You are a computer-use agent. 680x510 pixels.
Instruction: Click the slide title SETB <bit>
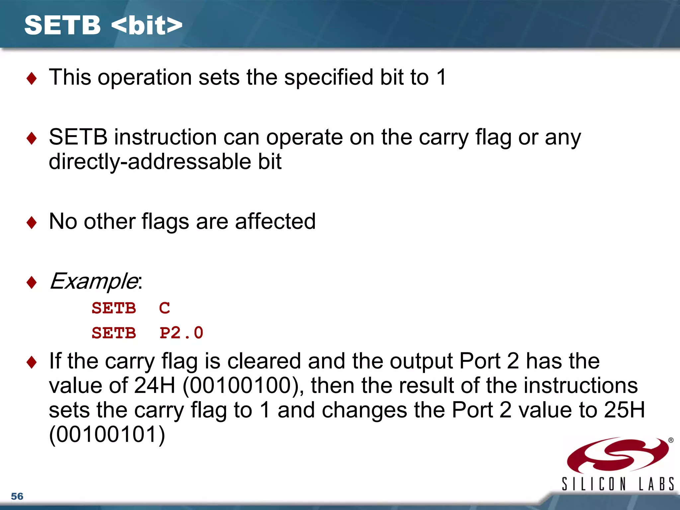click(103, 25)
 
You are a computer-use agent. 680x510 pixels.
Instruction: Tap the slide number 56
click(17, 496)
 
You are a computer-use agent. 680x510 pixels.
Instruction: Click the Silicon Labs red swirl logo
click(618, 455)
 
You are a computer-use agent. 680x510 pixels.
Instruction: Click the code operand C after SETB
click(164, 308)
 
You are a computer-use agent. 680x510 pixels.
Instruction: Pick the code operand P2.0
click(181, 333)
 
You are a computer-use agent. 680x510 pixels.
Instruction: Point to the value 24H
click(155, 385)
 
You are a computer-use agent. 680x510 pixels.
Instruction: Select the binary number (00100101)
click(107, 435)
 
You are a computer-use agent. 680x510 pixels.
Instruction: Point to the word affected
click(275, 221)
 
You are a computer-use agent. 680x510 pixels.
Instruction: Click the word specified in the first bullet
click(329, 77)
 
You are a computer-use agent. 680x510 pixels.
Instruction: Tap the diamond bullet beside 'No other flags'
click(32, 222)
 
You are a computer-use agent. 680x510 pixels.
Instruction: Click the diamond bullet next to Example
click(32, 283)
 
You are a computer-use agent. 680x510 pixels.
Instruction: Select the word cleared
click(264, 361)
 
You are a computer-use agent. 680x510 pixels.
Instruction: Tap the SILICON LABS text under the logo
click(618, 484)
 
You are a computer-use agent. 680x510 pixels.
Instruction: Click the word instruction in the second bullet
click(165, 137)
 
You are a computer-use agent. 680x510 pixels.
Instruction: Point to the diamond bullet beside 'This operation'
click(32, 79)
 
